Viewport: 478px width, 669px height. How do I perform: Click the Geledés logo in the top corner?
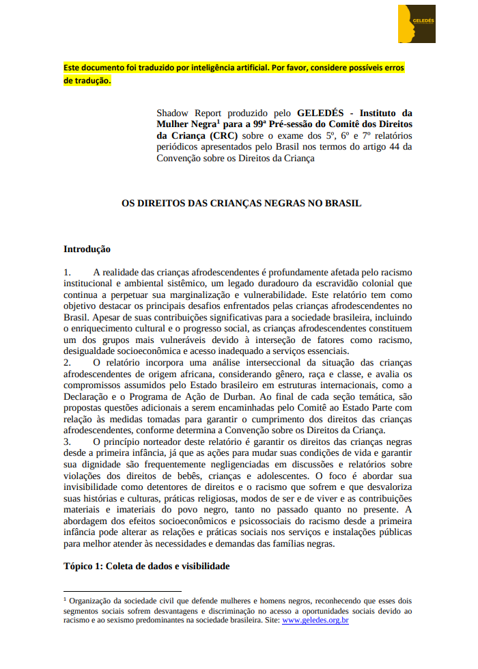pyautogui.click(x=417, y=24)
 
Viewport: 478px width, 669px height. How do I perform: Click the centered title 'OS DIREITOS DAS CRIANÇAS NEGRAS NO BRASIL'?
pyautogui.click(x=241, y=203)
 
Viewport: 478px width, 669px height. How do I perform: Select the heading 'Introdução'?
pyautogui.click(x=87, y=249)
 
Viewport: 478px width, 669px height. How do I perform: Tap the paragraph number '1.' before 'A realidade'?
pyautogui.click(x=68, y=272)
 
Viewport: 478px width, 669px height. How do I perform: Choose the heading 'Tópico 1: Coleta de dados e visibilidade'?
pyautogui.click(x=146, y=566)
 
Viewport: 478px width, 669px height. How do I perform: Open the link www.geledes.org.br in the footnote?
pyautogui.click(x=315, y=620)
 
